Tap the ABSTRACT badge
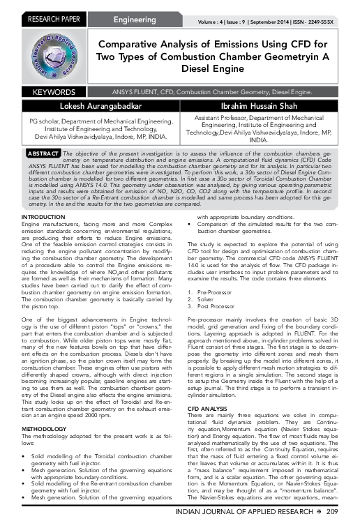tap(43, 152)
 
